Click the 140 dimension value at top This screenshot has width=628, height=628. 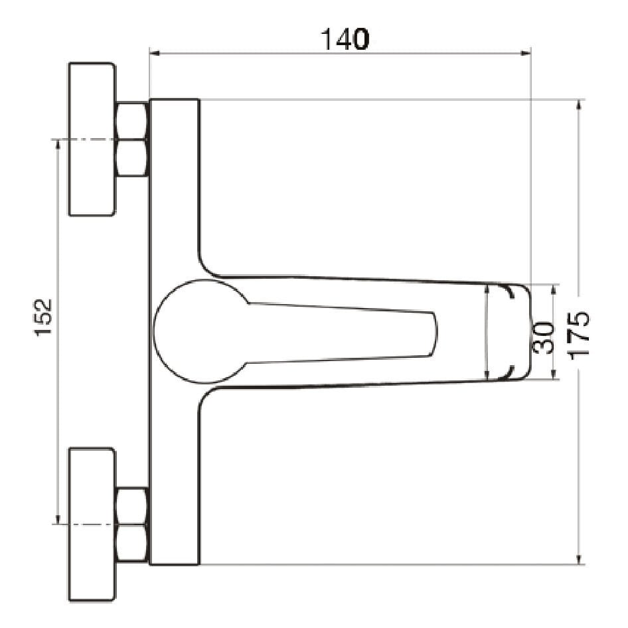[x=345, y=40]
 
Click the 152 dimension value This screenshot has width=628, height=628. [x=44, y=317]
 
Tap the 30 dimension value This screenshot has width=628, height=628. [x=544, y=337]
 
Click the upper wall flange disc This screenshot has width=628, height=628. [x=92, y=139]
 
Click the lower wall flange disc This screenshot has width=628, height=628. [x=92, y=525]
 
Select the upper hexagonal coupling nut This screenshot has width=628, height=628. [x=131, y=139]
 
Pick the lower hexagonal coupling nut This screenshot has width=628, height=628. [x=131, y=525]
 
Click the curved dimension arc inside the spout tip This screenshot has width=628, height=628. [x=487, y=332]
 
